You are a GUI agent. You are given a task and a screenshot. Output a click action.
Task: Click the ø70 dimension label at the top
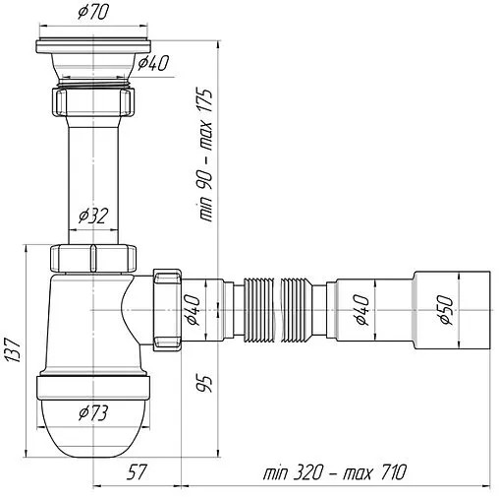pos(92,13)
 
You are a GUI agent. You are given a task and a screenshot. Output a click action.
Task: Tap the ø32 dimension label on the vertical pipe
pos(92,216)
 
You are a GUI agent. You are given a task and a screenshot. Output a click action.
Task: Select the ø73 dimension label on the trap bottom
pos(92,413)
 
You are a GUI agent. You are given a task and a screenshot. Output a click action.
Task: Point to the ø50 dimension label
pos(446,310)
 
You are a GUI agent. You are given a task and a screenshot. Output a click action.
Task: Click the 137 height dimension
pos(14,349)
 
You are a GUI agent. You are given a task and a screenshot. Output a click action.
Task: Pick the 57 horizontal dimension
pos(137,472)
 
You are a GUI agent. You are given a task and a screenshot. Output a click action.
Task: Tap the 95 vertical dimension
pos(204,383)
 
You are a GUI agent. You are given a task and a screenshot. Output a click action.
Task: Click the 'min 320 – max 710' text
pos(335,472)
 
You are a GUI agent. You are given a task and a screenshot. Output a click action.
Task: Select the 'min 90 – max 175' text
pos(204,155)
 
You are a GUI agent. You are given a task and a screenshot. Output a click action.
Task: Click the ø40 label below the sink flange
pos(153,63)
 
